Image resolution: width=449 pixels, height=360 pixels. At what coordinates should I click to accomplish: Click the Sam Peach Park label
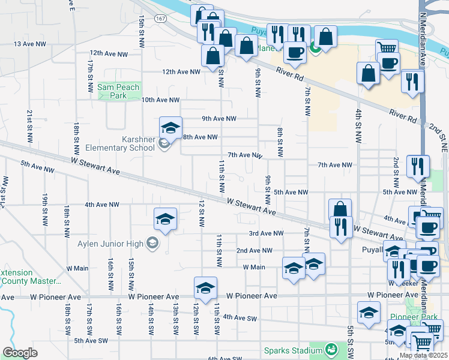(118, 91)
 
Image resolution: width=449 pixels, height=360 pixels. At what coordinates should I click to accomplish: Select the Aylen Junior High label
(110, 243)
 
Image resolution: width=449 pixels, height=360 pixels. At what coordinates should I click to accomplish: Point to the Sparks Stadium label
(294, 350)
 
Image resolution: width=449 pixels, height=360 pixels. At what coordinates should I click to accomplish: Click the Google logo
(20, 353)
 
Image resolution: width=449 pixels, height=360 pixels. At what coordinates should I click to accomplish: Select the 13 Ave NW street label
(29, 44)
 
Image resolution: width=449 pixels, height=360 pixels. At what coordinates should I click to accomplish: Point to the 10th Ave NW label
(160, 100)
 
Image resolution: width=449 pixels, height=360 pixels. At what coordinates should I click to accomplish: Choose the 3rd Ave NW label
(266, 233)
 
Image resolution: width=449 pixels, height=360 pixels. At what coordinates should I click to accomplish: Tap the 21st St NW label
(29, 125)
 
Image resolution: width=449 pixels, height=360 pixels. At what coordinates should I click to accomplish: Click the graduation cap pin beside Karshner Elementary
(170, 128)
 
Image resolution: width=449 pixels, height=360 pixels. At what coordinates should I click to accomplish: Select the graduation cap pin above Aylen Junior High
(165, 219)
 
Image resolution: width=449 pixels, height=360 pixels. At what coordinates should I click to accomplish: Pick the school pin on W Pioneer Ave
(205, 289)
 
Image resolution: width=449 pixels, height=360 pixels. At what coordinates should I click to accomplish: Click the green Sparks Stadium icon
(330, 349)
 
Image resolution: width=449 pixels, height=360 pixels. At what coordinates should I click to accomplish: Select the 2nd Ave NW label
(255, 250)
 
